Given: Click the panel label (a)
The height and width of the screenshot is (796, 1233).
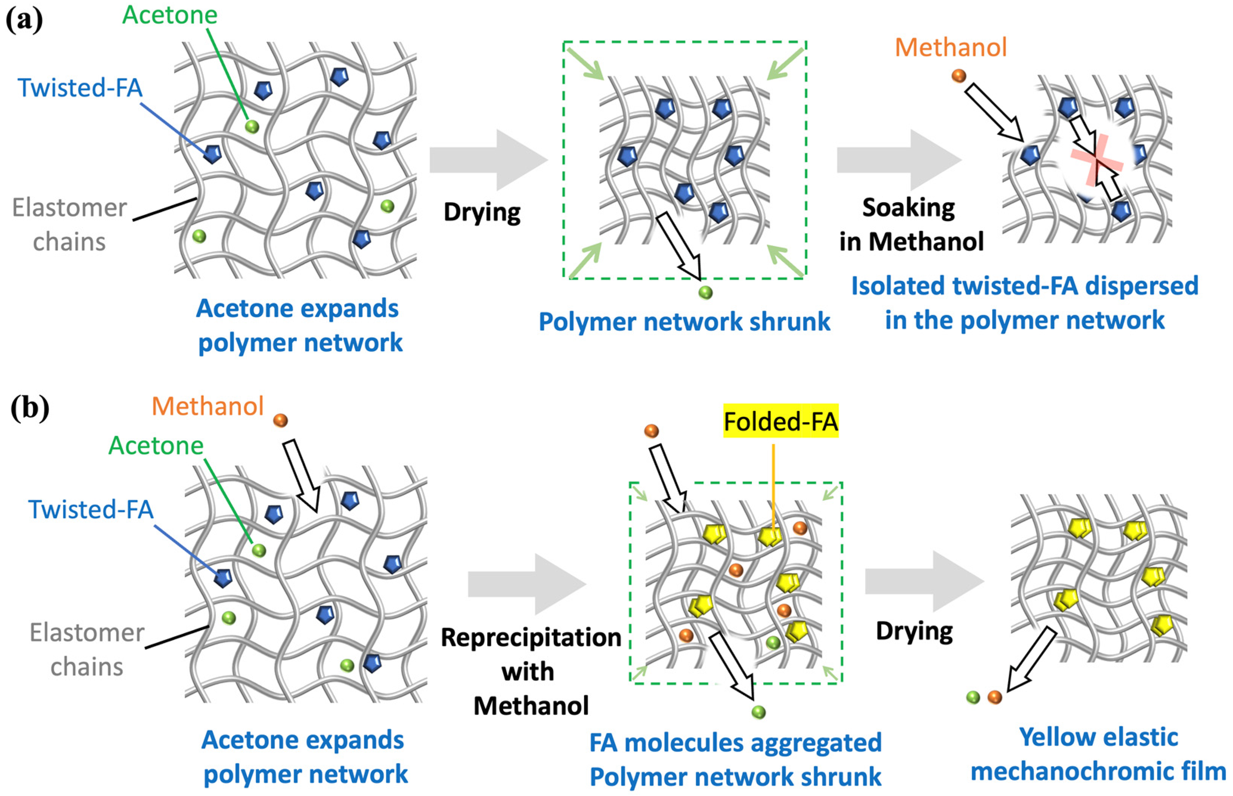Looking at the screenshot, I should click(x=24, y=21).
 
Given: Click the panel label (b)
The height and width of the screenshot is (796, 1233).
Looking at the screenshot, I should click(x=29, y=408).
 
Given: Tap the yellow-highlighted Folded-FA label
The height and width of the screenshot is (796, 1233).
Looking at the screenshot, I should click(x=780, y=421).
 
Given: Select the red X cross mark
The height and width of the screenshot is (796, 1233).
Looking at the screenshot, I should click(x=1097, y=160).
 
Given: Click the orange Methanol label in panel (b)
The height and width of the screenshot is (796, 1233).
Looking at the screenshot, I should click(x=208, y=406).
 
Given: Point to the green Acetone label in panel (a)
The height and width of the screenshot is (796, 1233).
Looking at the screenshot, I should click(x=169, y=14).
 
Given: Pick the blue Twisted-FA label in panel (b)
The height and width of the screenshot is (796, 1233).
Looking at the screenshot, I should click(x=91, y=510).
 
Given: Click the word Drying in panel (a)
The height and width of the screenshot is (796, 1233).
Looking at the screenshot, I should click(x=482, y=212).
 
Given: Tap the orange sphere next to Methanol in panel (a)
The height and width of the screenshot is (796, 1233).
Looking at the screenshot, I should click(x=959, y=76).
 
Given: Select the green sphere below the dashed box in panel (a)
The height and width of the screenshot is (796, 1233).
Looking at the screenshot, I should click(x=705, y=293).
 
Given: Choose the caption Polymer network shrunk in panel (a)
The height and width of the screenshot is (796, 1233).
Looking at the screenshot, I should click(x=684, y=322).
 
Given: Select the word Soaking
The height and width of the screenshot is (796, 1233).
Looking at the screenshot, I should click(x=908, y=208).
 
